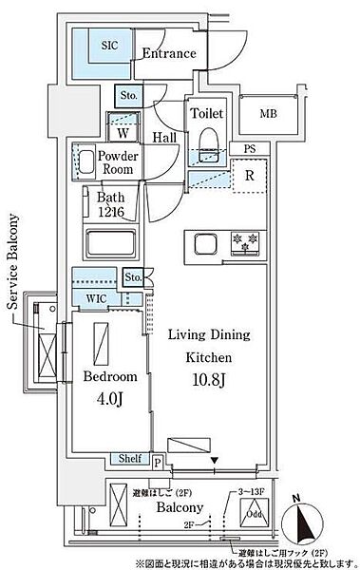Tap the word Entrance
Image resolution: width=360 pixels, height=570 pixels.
169,54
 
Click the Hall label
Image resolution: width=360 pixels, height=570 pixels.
164,138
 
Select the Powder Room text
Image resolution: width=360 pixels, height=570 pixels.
118,161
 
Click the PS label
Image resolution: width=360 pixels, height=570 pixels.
249,148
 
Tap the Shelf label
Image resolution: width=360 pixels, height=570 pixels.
130,459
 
